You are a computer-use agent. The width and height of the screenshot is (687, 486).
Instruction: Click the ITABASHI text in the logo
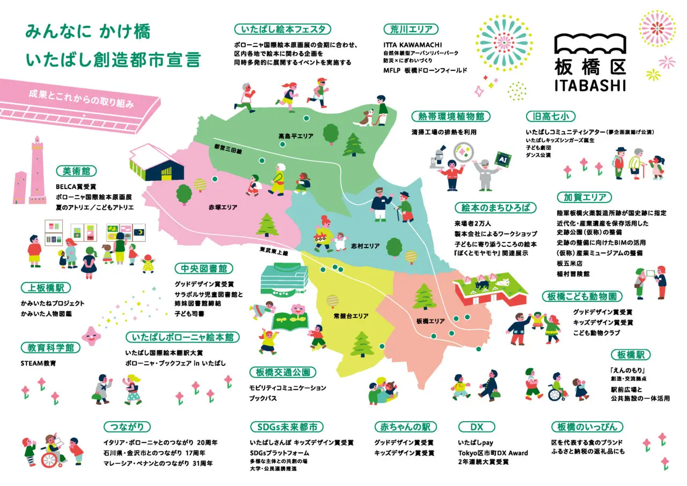pyautogui.click(x=590, y=85)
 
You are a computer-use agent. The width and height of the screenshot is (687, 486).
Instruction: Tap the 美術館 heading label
pyautogui.click(x=76, y=171)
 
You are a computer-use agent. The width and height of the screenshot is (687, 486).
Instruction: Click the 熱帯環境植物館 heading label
pyautogui.click(x=450, y=116)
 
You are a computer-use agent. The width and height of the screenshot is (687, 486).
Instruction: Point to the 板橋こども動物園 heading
pyautogui.click(x=582, y=296)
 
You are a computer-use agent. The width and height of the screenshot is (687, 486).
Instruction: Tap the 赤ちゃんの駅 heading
pyautogui.click(x=405, y=427)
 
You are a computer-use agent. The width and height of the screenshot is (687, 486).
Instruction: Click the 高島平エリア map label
pyautogui.click(x=296, y=136)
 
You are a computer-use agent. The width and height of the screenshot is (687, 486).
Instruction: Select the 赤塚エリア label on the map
pyautogui.click(x=223, y=207)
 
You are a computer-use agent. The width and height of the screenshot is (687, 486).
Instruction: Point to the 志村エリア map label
pyautogui.click(x=366, y=246)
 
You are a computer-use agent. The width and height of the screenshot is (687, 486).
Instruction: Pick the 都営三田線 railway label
pyautogui.click(x=228, y=150)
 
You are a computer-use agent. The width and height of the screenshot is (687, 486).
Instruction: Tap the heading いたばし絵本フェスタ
pyautogui.click(x=283, y=29)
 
